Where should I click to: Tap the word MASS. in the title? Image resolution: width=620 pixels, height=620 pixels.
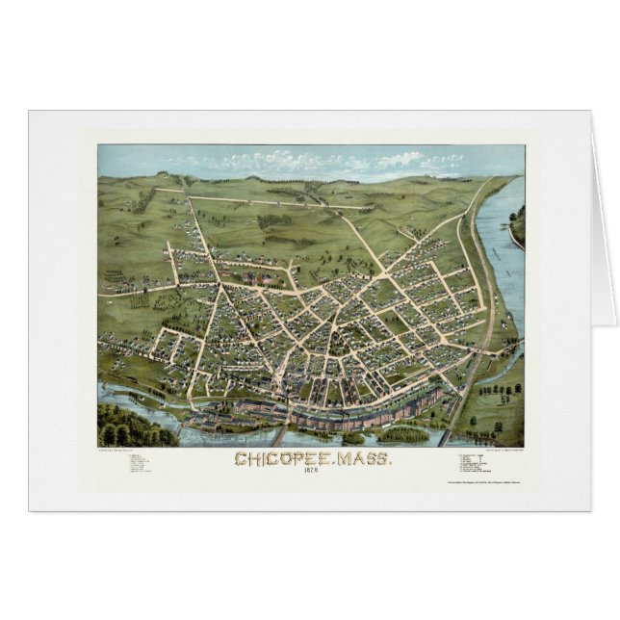coord(362,461)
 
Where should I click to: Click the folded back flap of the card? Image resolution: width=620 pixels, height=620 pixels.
coord(602,221)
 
